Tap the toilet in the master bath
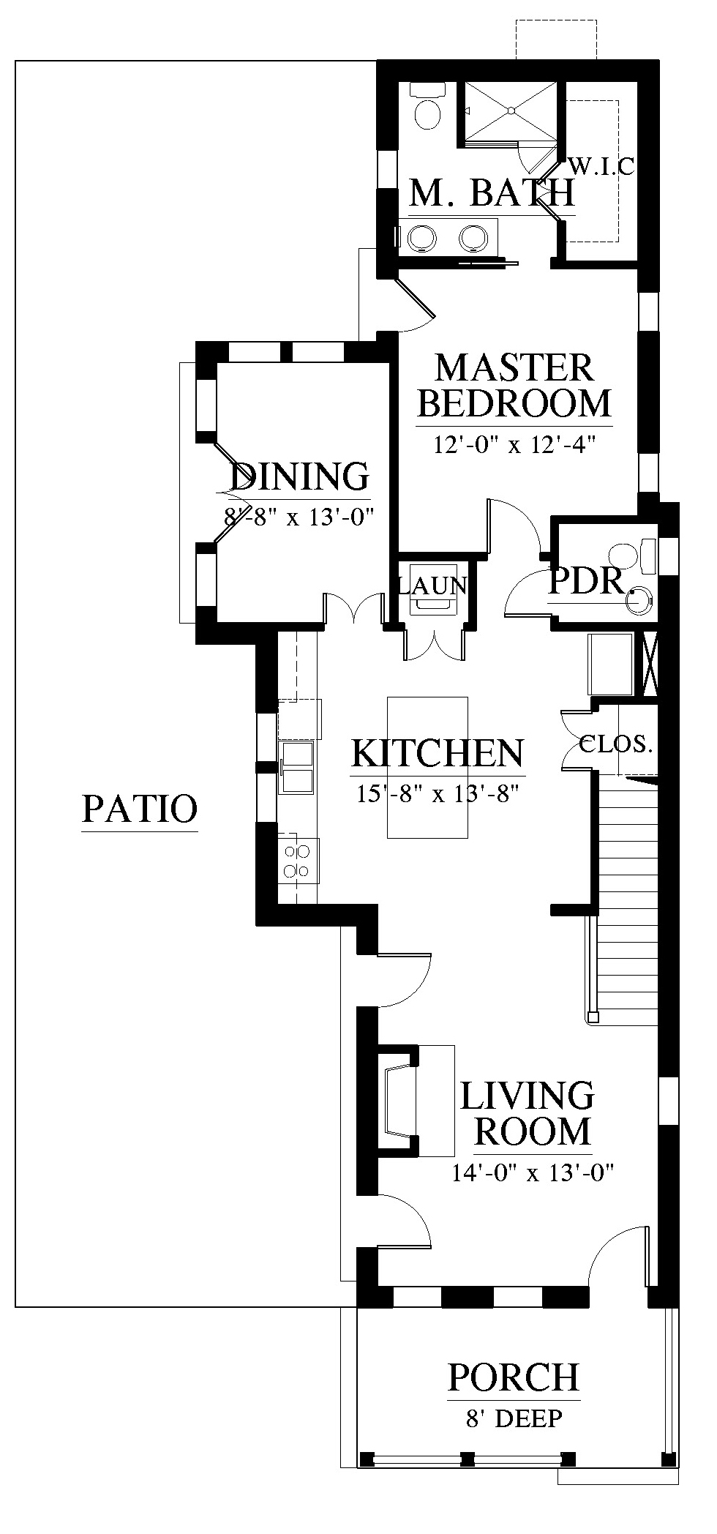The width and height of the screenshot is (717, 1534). tap(427, 106)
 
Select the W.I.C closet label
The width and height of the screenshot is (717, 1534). tap(601, 166)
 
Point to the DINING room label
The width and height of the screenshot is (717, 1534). tap(300, 476)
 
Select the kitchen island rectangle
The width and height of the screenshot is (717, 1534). tap(427, 767)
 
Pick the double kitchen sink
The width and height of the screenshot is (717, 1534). tap(296, 766)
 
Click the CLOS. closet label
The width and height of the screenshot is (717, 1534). tap(615, 745)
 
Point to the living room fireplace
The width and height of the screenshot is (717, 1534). tap(399, 1101)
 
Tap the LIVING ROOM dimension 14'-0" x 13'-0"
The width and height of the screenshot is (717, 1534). tap(532, 1173)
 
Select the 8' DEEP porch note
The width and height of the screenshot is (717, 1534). tap(514, 1418)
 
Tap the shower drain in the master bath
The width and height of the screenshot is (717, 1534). tap(512, 110)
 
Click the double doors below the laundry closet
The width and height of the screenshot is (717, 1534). tap(434, 644)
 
